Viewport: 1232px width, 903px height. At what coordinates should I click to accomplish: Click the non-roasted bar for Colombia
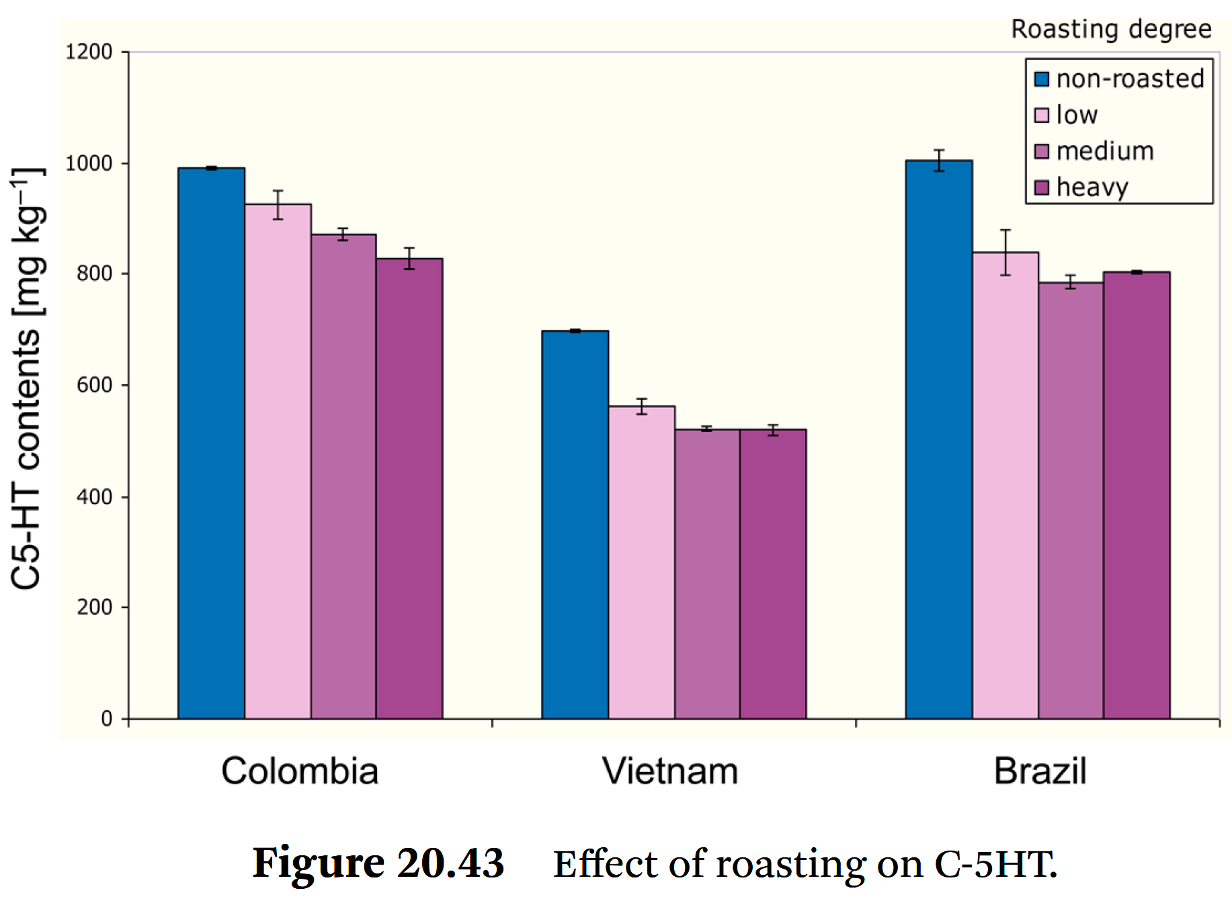point(211,443)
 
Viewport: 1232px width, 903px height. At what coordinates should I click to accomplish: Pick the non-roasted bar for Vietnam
point(575,525)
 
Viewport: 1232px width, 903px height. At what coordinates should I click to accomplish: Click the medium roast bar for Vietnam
point(707,574)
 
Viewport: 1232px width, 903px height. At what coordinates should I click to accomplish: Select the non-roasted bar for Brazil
point(938,439)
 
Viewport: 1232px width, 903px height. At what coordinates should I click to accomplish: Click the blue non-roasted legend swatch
point(1041,79)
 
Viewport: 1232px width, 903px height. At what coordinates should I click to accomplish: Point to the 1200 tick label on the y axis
point(89,52)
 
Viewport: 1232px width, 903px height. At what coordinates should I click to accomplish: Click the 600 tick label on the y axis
point(94,385)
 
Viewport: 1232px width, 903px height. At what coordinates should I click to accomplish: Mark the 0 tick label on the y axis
point(107,719)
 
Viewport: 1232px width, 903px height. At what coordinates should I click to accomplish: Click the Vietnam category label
point(669,771)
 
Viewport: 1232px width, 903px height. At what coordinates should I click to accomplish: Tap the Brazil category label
point(1040,771)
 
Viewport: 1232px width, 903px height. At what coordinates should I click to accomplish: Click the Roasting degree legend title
point(1111,30)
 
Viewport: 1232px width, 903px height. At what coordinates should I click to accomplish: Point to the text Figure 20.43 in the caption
point(378,863)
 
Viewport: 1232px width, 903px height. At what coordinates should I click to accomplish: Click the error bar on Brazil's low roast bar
point(1005,252)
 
